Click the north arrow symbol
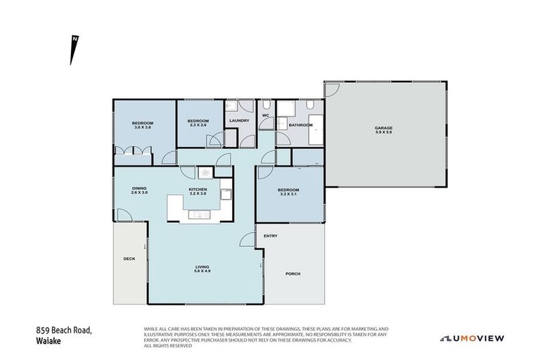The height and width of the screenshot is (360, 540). (73, 50)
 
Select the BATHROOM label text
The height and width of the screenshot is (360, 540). (300, 125)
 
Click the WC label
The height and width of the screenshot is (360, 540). (266, 115)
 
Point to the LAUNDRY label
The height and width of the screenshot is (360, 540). (240, 120)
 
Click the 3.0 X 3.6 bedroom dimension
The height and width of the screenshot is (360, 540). (143, 128)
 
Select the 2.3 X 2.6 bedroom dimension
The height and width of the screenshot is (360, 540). (197, 125)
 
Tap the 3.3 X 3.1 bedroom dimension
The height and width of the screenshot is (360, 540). (288, 195)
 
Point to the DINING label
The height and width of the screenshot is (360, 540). (140, 188)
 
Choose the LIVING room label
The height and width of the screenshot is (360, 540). (202, 266)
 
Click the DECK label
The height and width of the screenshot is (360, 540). (129, 259)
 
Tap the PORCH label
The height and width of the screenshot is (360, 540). (293, 274)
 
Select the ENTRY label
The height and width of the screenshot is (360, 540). (271, 236)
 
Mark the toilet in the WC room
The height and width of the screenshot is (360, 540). (266, 125)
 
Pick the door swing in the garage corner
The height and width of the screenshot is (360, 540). (332, 90)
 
